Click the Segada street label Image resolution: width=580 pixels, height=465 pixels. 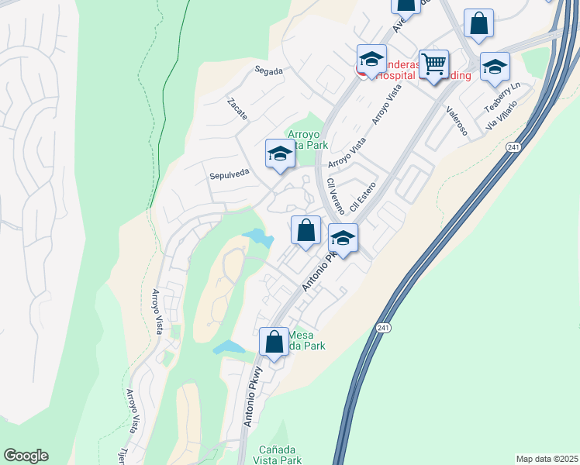(269, 71)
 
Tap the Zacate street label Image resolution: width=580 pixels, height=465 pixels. (237, 108)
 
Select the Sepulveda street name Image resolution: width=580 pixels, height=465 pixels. (229, 175)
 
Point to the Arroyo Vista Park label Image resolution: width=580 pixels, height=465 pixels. (308, 139)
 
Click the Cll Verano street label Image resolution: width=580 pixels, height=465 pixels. (336, 196)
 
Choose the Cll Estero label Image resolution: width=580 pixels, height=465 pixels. (362, 198)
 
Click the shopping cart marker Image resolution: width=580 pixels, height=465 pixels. (433, 64)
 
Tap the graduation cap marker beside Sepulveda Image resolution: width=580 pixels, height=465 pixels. (280, 153)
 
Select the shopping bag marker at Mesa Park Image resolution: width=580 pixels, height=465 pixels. (274, 341)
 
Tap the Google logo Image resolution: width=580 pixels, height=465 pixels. (26, 456)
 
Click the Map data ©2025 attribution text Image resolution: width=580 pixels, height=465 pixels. (547, 459)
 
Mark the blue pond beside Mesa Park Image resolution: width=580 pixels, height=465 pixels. (228, 347)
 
